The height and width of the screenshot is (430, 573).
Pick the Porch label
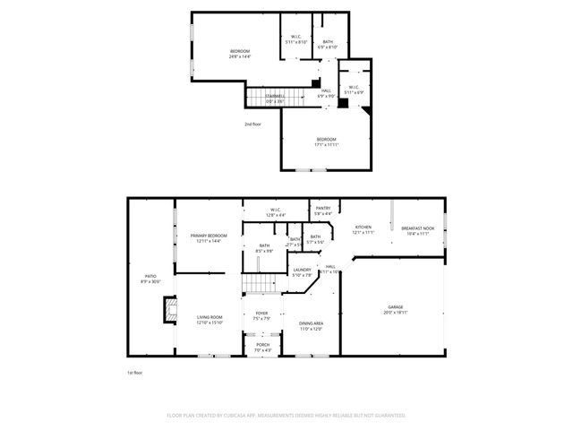(x=263, y=347)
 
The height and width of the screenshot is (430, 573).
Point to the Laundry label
(x=302, y=271)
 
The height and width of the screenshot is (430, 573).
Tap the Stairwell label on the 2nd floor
(x=274, y=98)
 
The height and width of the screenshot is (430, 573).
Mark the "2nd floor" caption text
(x=253, y=124)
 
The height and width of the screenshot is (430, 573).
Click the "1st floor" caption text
(x=134, y=372)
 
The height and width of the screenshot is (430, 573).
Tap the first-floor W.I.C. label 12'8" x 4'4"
(x=275, y=213)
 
